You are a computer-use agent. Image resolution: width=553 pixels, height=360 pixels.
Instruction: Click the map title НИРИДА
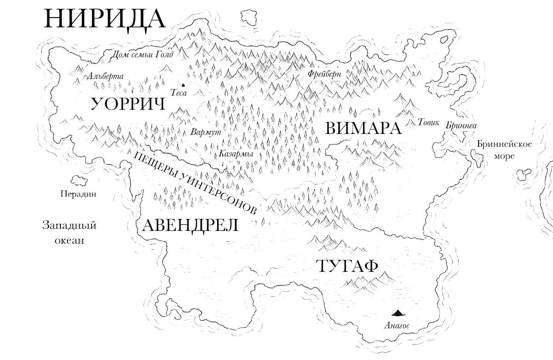point(104,19)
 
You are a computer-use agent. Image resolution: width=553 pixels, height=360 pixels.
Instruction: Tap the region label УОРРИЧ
point(128,104)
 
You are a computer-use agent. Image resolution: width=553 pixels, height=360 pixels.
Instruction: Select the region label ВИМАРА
point(363,128)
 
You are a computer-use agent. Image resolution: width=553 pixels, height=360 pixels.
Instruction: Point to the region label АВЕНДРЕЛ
point(190,225)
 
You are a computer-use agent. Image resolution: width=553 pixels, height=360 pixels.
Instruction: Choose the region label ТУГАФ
point(347,266)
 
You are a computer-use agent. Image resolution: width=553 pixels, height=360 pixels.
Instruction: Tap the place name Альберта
point(105,76)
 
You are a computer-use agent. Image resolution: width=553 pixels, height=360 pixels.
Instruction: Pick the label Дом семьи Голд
point(141,55)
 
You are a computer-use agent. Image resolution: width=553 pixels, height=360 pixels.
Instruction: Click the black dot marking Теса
point(182,85)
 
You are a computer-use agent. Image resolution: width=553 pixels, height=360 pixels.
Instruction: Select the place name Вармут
point(206,132)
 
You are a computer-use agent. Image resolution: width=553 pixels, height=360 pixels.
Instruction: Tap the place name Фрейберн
point(325,74)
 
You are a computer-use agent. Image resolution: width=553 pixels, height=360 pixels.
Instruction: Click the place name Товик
point(428,122)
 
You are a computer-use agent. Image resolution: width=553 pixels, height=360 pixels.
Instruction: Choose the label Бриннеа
point(461,126)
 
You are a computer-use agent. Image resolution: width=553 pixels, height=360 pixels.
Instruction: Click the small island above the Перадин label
point(78,180)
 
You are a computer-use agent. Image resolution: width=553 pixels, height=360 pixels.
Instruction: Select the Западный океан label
point(69,233)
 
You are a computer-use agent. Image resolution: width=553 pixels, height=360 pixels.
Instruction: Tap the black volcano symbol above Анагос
point(398,313)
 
